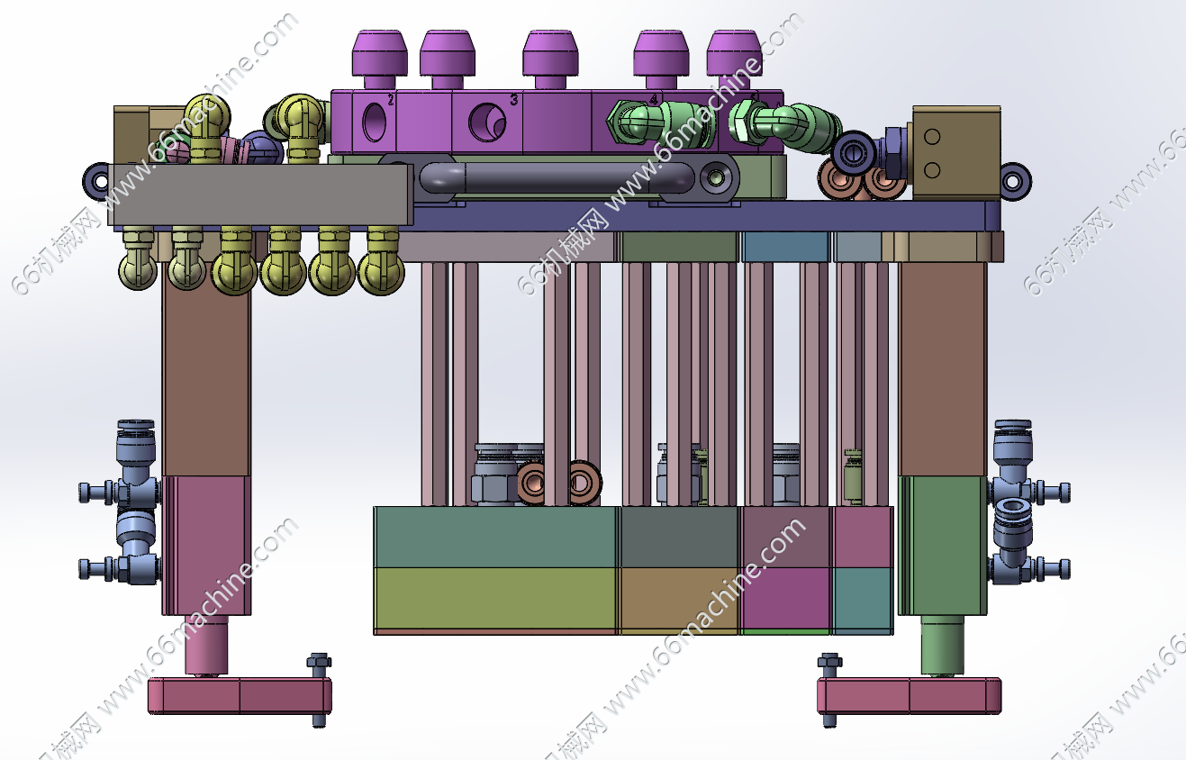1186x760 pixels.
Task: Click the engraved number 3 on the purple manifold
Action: click(513, 100)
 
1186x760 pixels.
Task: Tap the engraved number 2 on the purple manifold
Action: click(391, 100)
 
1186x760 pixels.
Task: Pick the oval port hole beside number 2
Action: click(371, 122)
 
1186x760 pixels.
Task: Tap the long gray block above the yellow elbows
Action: click(261, 194)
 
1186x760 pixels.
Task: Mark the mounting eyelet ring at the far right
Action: click(1014, 179)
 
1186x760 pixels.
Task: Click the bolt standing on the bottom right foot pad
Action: click(829, 689)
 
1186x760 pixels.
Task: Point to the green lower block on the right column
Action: click(943, 545)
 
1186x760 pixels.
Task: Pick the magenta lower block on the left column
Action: click(206, 545)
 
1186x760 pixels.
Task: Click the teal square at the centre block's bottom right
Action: click(862, 599)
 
